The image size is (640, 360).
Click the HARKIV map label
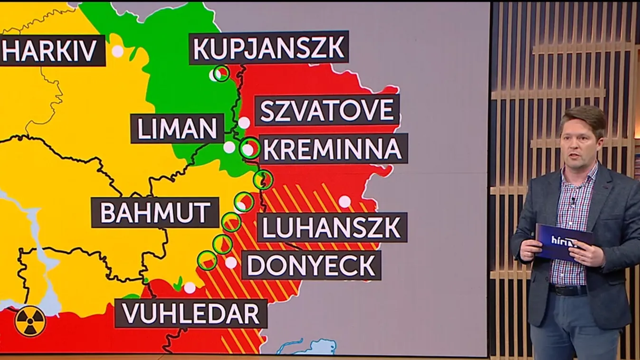pyautogui.click(x=52, y=50)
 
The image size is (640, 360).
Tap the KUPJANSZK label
pyautogui.click(x=268, y=47)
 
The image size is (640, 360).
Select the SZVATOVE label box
pyautogui.click(x=327, y=110)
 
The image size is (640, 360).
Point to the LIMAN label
pyautogui.click(x=177, y=128)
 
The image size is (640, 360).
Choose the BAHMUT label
pyautogui.click(x=155, y=212)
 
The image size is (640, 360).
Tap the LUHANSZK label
pyautogui.click(x=332, y=227)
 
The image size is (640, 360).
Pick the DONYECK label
pyautogui.click(x=311, y=265)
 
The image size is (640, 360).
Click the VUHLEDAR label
pyautogui.click(x=191, y=313)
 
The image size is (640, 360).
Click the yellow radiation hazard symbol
pyautogui.click(x=30, y=322)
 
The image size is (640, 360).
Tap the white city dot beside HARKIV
pyautogui.click(x=117, y=51)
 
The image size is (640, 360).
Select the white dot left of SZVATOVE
pyautogui.click(x=244, y=123)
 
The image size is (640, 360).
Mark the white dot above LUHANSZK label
pyautogui.click(x=344, y=202)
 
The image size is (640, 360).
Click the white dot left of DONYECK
pyautogui.click(x=231, y=263)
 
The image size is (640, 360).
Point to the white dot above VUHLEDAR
pyautogui.click(x=190, y=287)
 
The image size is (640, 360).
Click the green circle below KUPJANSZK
pyautogui.click(x=221, y=73)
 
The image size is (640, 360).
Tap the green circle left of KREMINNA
pyautogui.click(x=250, y=148)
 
